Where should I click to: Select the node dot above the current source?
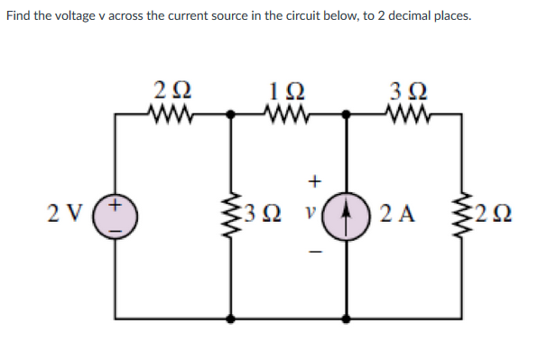tap(347, 115)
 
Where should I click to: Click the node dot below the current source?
tap(347, 318)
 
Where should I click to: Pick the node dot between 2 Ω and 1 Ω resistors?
tap(232, 115)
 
